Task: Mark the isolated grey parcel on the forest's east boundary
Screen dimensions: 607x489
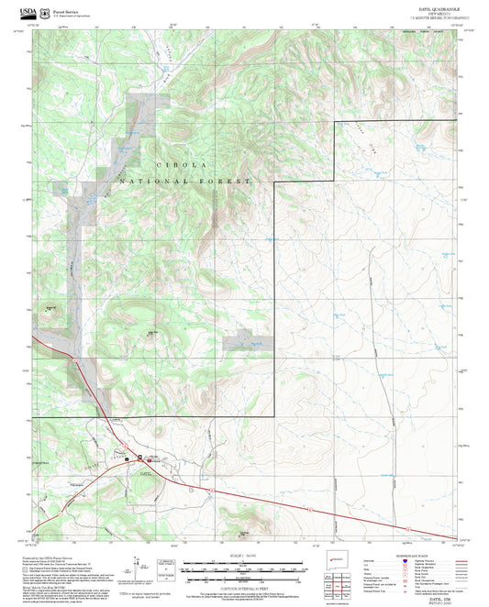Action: coord(240,342)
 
